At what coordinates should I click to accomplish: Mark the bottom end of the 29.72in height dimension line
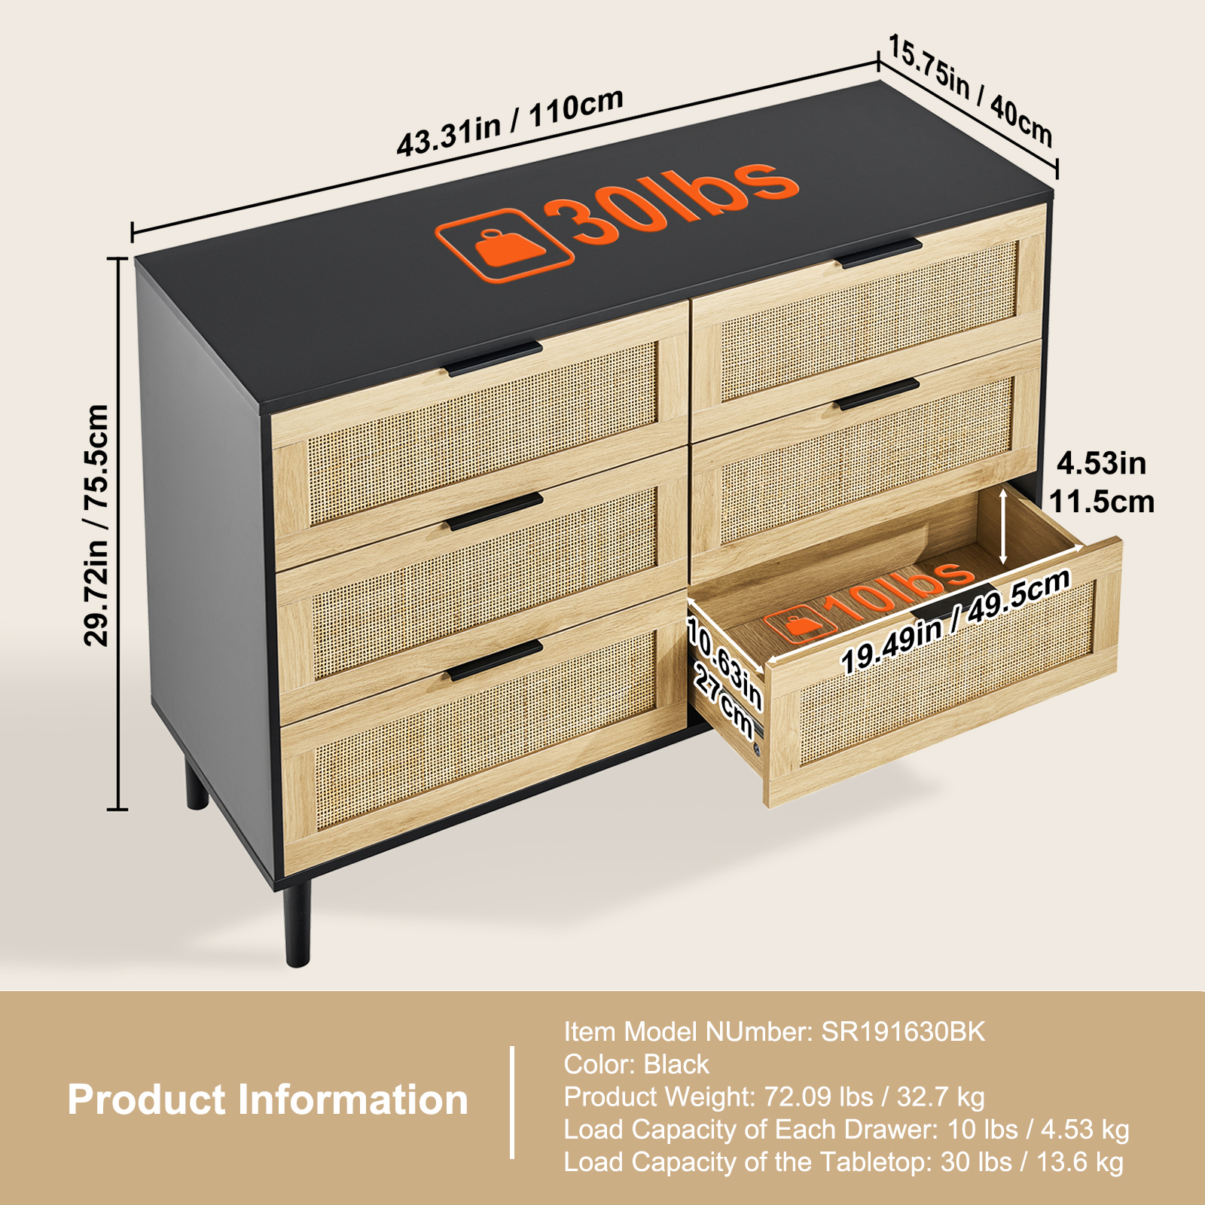click(x=117, y=810)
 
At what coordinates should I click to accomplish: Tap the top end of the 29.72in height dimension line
click(x=117, y=258)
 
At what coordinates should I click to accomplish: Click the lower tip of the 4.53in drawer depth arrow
click(x=1003, y=563)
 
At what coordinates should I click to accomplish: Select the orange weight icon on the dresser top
click(x=504, y=245)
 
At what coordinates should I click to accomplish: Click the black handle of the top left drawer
click(x=493, y=358)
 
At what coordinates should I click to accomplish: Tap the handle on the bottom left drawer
click(x=494, y=661)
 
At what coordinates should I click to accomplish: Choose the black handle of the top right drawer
click(x=878, y=253)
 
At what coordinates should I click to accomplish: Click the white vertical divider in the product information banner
click(x=512, y=1102)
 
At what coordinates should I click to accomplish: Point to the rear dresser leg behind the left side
click(x=197, y=783)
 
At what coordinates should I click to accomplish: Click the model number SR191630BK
click(x=903, y=1031)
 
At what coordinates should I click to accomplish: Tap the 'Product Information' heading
click(x=267, y=1100)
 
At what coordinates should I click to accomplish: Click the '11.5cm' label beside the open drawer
click(x=1102, y=502)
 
